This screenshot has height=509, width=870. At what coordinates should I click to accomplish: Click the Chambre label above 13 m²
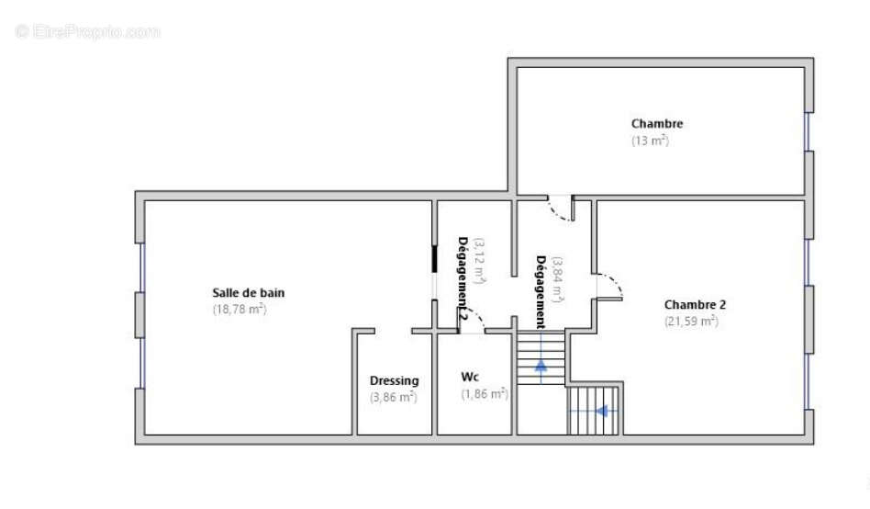(x=656, y=124)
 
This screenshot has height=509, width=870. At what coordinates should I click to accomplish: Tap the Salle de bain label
(x=248, y=293)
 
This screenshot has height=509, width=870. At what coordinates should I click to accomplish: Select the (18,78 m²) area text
(x=239, y=310)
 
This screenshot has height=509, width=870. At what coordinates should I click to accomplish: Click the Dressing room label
(x=394, y=380)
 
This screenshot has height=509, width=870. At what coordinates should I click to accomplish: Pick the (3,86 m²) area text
(x=393, y=397)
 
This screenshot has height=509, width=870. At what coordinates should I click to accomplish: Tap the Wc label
(x=470, y=377)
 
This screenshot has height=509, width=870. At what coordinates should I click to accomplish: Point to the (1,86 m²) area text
(x=485, y=393)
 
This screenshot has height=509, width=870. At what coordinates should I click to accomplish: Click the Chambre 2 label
(x=695, y=305)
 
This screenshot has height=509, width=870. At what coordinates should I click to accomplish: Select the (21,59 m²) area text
(x=691, y=322)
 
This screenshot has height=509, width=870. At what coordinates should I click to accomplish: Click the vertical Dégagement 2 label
(x=463, y=279)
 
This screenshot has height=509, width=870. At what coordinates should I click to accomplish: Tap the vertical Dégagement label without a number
(x=541, y=291)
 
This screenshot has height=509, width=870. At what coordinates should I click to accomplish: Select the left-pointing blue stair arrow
(x=602, y=411)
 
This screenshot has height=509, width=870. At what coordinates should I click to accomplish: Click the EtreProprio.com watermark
(x=88, y=31)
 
